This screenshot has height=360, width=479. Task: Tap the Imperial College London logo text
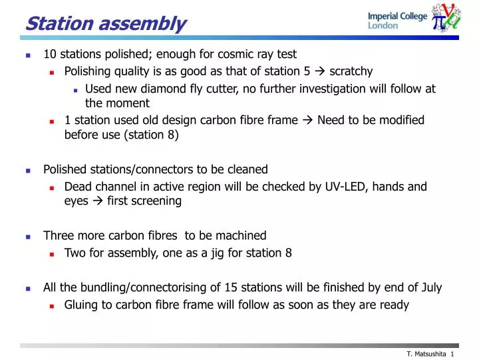pyautogui.click(x=397, y=21)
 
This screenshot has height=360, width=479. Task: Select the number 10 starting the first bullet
pyautogui.click(x=50, y=54)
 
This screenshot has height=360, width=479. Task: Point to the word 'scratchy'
pyautogui.click(x=351, y=71)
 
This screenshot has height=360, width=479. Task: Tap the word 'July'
pyautogui.click(x=431, y=288)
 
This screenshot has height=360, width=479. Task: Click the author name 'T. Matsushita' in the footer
pyautogui.click(x=426, y=353)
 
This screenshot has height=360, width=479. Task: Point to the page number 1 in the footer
pyautogui.click(x=452, y=353)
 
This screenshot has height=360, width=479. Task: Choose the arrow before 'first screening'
pyautogui.click(x=97, y=201)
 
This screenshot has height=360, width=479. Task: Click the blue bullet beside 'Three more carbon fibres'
pyautogui.click(x=28, y=236)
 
